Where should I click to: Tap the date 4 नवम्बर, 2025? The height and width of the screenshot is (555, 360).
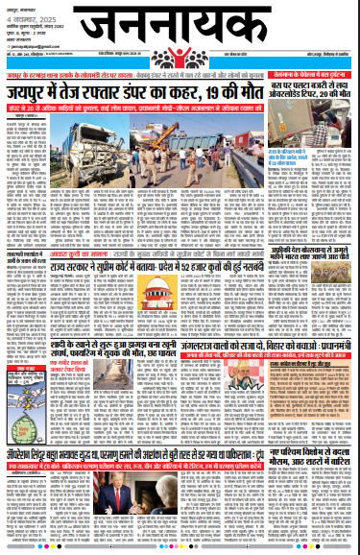(x=26, y=17)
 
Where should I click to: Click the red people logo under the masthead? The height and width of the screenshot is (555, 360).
(x=180, y=55)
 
